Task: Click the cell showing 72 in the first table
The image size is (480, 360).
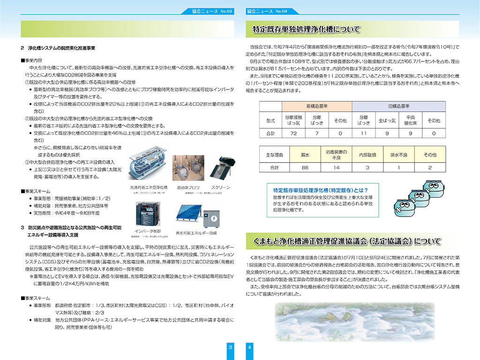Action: pos(293,134)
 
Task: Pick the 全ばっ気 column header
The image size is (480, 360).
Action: pos(387,120)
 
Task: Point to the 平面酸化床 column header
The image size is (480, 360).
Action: pos(411,120)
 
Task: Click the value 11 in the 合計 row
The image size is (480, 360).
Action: pos(364,134)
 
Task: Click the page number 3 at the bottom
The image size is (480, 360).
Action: pos(230,347)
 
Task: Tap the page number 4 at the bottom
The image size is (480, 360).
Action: pos(249,347)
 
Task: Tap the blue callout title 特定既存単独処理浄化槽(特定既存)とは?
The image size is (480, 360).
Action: pos(317,190)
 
